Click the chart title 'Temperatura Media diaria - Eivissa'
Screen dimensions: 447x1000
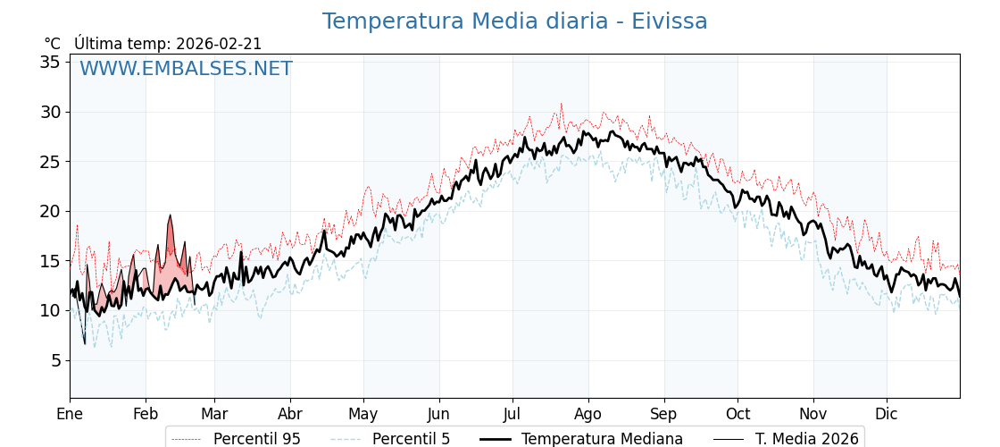pyautogui.click(x=514, y=21)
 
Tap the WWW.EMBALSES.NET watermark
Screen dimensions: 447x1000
pyautogui.click(x=186, y=69)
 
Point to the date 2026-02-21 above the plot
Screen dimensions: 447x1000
pyautogui.click(x=219, y=44)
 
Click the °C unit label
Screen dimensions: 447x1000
pyautogui.click(x=53, y=44)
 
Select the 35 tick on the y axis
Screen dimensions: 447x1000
pyautogui.click(x=50, y=62)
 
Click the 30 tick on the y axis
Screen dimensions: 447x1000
pyautogui.click(x=50, y=112)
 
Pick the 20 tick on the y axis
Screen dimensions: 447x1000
pyautogui.click(x=50, y=211)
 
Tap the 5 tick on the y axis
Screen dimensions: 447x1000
pyautogui.click(x=55, y=360)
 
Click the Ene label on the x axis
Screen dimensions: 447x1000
pyautogui.click(x=70, y=414)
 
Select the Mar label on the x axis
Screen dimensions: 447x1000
pyautogui.click(x=214, y=414)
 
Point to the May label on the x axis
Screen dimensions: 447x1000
pyautogui.click(x=363, y=414)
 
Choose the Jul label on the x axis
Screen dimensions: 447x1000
pyautogui.click(x=512, y=414)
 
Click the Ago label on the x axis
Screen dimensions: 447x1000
pyautogui.click(x=588, y=414)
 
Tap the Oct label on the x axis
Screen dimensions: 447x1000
pyautogui.click(x=737, y=414)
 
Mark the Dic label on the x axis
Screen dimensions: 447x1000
pyautogui.click(x=887, y=414)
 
